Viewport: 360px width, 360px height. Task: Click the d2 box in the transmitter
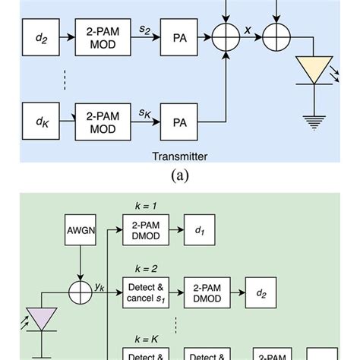pyautogui.click(x=43, y=36)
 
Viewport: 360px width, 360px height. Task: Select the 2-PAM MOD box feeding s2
pyautogui.click(x=98, y=36)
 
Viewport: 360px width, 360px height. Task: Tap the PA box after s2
pyautogui.click(x=180, y=36)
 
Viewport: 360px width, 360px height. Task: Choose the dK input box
pyautogui.click(x=43, y=120)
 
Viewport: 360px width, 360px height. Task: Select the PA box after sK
pyautogui.click(x=180, y=120)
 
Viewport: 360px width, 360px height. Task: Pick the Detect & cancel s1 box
pyautogui.click(x=145, y=293)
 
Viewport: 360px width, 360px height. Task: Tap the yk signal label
pyautogui.click(x=99, y=287)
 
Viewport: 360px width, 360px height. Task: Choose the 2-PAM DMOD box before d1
pyautogui.click(x=145, y=228)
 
